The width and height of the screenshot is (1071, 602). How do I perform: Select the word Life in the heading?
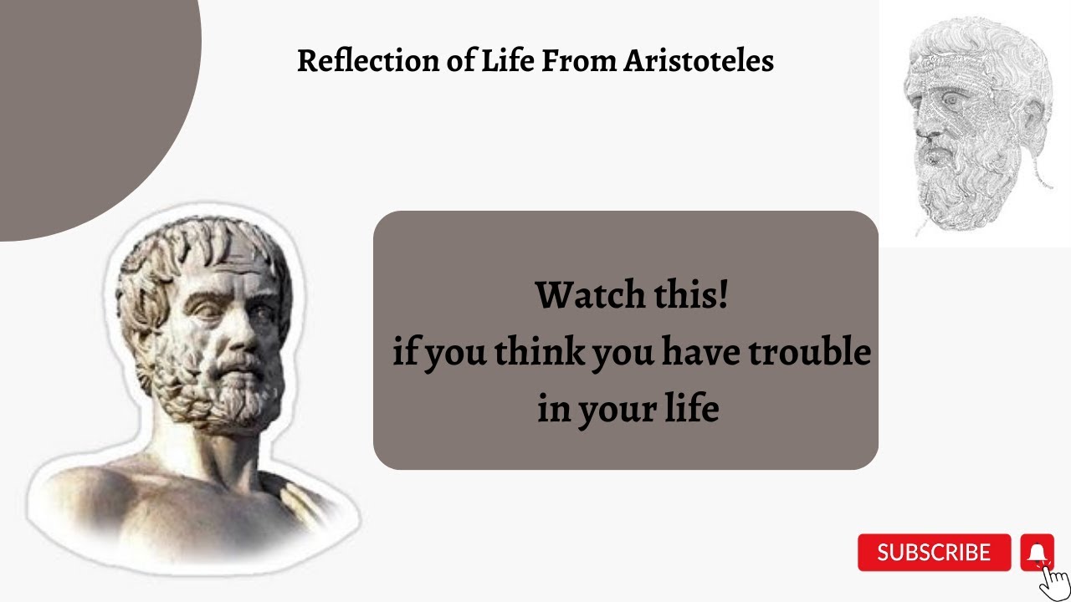(x=504, y=61)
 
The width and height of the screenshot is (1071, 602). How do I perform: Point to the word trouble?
(x=809, y=353)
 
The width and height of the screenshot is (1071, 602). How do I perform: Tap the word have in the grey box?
(x=699, y=353)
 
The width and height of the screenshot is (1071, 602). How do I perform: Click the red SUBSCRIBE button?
(x=934, y=553)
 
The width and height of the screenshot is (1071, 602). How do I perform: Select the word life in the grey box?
(x=691, y=410)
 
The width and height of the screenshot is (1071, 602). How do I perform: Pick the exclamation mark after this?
(x=723, y=295)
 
